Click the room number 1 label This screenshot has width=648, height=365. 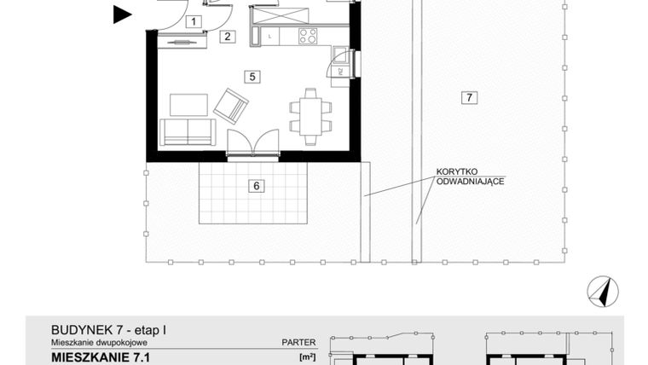click(194, 21)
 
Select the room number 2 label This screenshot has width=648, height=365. click(227, 36)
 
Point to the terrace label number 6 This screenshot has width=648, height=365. click(254, 186)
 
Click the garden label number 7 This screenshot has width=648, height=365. click(468, 97)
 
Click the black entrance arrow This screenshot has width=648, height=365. click(123, 13)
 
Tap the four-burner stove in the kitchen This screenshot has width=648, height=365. click(307, 36)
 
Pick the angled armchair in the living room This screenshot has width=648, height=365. click(229, 105)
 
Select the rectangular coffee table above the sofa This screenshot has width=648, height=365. click(189, 104)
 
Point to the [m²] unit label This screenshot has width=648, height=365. click(307, 356)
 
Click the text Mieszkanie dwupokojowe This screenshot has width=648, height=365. click(93, 342)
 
